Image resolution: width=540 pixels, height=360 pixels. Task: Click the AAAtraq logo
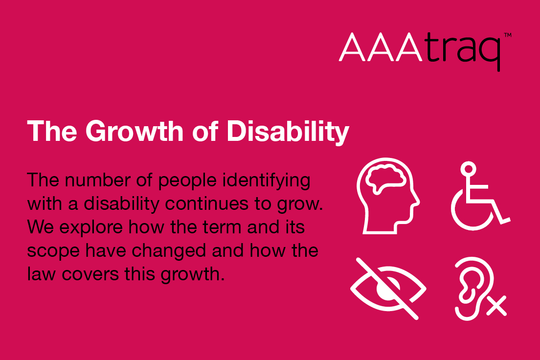click(420, 50)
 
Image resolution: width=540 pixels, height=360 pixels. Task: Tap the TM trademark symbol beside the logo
click(507, 36)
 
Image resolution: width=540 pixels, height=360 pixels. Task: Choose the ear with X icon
click(477, 289)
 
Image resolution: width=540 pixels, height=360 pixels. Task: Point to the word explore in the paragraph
click(86, 228)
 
